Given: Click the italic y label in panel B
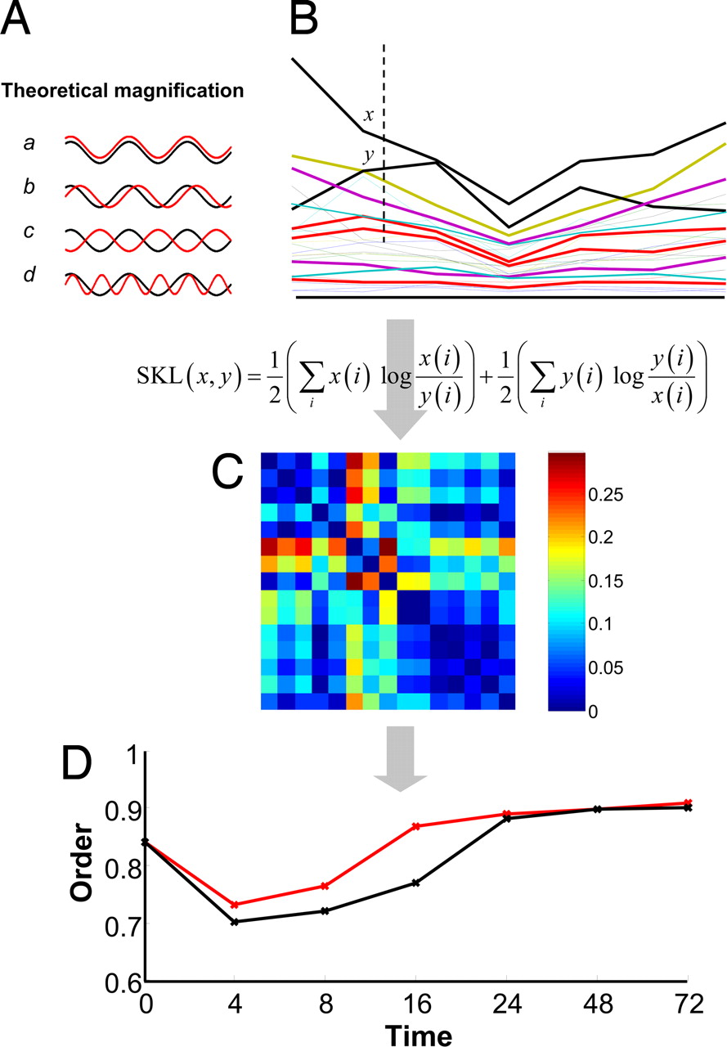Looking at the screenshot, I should point(368,154).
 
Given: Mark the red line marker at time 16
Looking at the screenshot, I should point(416,826).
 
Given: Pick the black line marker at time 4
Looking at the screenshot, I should point(235,922).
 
